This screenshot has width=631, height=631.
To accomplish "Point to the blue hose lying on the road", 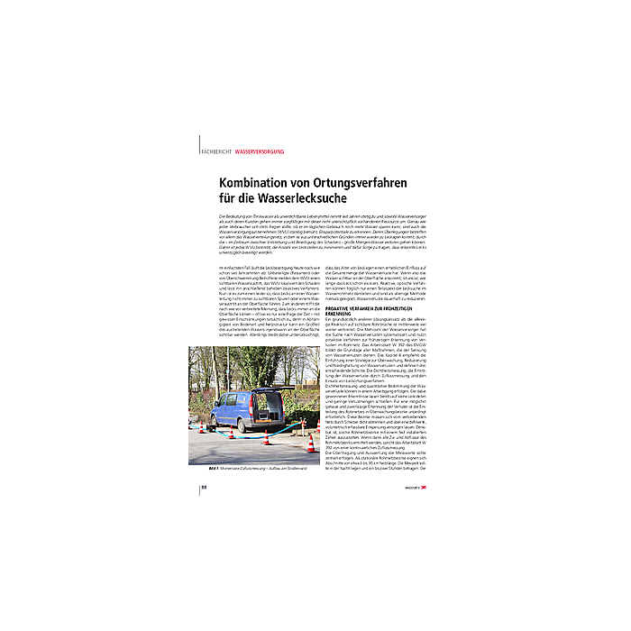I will (x=270, y=436).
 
